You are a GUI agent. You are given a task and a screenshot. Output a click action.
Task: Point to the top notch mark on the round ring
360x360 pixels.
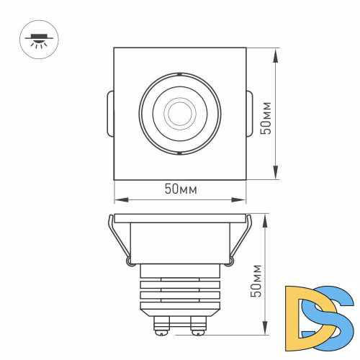(x=177, y=73)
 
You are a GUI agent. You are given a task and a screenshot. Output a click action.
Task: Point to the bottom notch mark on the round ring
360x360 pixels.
(x=177, y=153)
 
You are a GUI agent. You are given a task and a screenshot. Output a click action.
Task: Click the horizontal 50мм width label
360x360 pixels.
(x=181, y=189)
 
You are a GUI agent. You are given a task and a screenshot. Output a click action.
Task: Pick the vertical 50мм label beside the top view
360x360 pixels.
(x=266, y=117)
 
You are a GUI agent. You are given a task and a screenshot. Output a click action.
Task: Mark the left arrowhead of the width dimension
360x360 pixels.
(x=117, y=199)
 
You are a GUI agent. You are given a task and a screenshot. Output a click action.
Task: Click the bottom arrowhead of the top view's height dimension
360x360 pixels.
(x=276, y=175)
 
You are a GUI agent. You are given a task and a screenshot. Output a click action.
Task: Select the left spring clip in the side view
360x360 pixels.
(x=118, y=238)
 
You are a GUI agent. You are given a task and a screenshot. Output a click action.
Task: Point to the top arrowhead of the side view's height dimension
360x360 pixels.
(x=266, y=217)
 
